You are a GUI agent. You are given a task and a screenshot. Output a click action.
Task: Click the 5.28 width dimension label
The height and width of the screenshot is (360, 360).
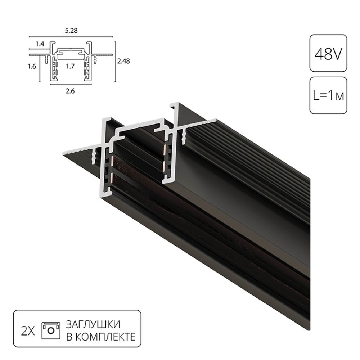point(71,31)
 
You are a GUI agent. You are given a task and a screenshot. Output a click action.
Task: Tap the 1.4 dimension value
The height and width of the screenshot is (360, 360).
point(40,44)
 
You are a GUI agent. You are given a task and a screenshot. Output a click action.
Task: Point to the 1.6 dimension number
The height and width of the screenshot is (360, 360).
point(32,67)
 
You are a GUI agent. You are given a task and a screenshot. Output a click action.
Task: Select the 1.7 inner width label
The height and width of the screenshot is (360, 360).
point(71,66)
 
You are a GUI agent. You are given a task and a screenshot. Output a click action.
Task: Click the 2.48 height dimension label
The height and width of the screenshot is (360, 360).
point(123,61)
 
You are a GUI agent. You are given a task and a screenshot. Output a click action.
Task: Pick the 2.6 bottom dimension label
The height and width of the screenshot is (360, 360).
point(71,91)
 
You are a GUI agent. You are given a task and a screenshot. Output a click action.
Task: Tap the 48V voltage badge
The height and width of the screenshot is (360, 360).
point(328,53)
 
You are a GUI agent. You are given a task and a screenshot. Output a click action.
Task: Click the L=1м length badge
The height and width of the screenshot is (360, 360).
point(328,96)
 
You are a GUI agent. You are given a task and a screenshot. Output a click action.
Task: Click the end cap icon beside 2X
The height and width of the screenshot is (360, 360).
point(51,329)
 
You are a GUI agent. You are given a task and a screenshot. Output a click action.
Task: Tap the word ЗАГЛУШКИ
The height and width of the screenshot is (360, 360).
point(93,324)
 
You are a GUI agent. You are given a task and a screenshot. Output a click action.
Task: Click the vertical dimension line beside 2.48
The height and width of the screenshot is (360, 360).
point(115,61)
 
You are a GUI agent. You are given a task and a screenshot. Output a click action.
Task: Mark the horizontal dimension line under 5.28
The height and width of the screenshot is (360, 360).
point(71,37)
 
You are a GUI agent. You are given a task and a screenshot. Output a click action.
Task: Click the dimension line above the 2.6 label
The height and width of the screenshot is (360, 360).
point(71,85)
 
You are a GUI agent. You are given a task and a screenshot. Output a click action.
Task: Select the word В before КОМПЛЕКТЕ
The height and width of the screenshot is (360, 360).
point(68,337)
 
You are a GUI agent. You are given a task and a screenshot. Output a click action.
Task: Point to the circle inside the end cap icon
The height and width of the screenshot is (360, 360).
point(51,329)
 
